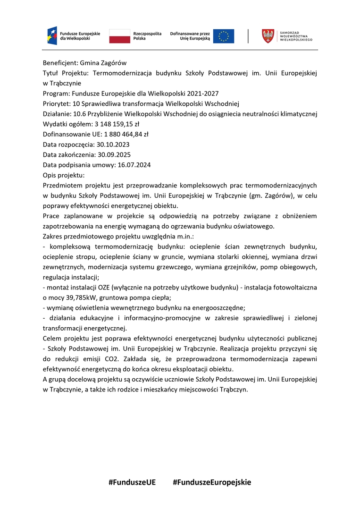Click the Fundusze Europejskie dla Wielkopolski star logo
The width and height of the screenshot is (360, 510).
(52, 36)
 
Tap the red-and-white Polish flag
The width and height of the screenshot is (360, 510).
(120, 36)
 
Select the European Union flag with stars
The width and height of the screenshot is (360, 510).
(223, 36)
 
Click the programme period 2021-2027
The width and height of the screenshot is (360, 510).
(201, 93)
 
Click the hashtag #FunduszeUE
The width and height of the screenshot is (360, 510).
(132, 482)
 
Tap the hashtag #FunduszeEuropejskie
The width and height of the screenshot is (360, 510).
(212, 482)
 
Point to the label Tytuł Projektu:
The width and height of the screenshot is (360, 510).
(66, 73)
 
